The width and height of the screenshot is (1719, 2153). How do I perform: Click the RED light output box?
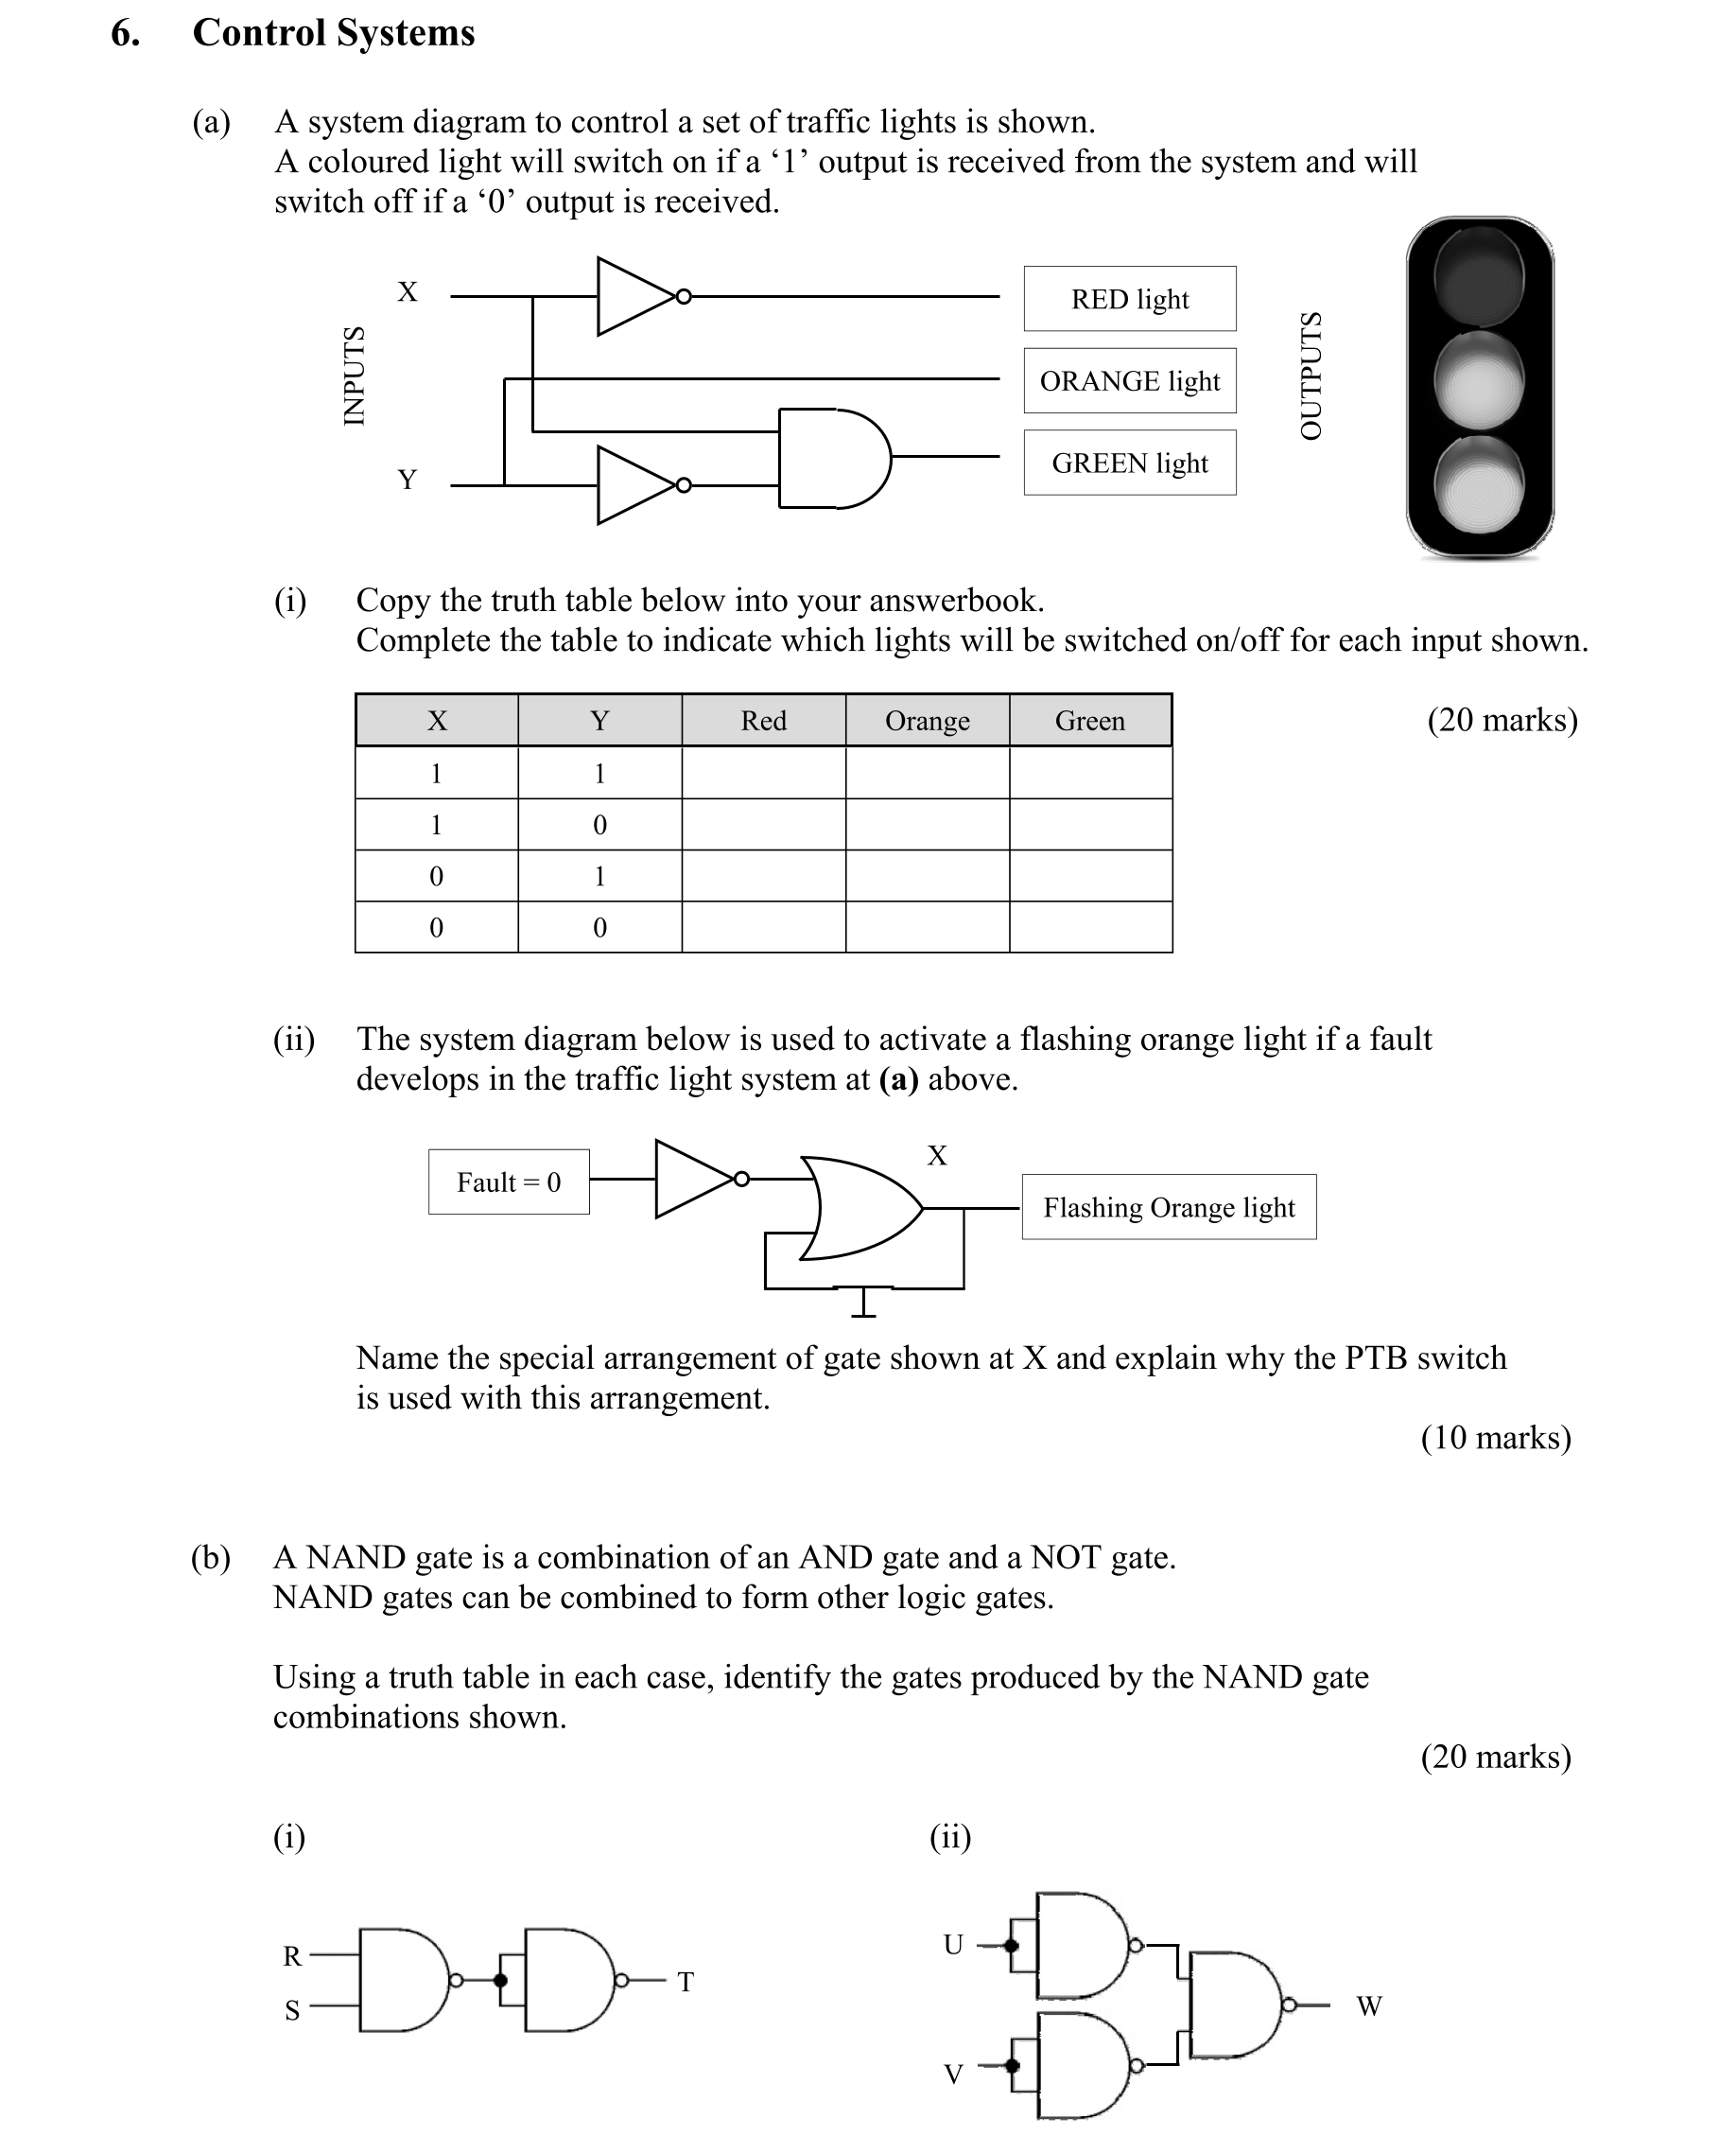pyautogui.click(x=1129, y=299)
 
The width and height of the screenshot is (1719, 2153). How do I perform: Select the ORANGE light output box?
pyautogui.click(x=1129, y=380)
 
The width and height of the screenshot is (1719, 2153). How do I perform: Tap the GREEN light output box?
pyautogui.click(x=1129, y=463)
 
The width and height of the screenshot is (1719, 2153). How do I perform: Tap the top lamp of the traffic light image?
pyautogui.click(x=1479, y=275)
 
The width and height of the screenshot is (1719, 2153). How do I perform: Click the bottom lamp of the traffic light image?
pyautogui.click(x=1479, y=486)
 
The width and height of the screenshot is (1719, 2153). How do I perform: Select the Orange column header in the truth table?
pyautogui.click(x=927, y=720)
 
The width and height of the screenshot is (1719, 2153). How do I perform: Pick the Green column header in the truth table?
pyautogui.click(x=1089, y=720)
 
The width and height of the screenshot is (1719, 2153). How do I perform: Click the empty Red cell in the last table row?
pyautogui.click(x=763, y=927)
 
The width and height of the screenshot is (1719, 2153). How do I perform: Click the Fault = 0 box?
pyautogui.click(x=508, y=1182)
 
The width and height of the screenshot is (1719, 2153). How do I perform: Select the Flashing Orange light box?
pyautogui.click(x=1168, y=1207)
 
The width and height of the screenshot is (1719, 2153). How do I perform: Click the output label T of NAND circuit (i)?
pyautogui.click(x=685, y=1982)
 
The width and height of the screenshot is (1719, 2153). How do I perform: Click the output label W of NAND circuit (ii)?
pyautogui.click(x=1368, y=2006)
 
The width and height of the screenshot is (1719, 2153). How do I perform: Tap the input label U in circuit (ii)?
pyautogui.click(x=952, y=1944)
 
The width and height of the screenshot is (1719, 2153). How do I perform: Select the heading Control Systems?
pyautogui.click(x=333, y=33)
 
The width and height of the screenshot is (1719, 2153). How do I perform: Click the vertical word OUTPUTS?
pyautogui.click(x=1310, y=376)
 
